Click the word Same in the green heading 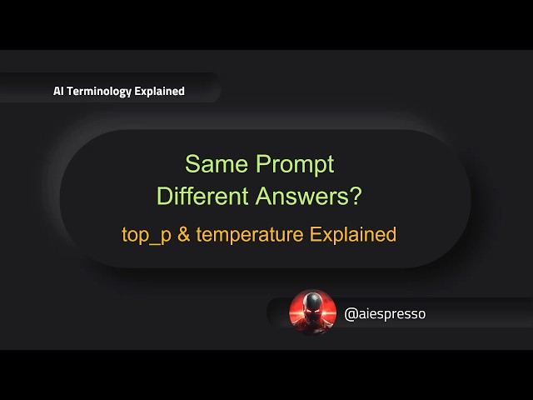213,163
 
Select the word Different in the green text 200,197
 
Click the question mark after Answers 356,197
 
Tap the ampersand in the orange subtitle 184,234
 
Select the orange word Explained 353,234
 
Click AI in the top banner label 59,92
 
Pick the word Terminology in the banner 101,92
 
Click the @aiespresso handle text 385,314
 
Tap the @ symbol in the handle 351,314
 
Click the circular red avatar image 311,312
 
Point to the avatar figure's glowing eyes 311,306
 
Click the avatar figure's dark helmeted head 311,302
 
